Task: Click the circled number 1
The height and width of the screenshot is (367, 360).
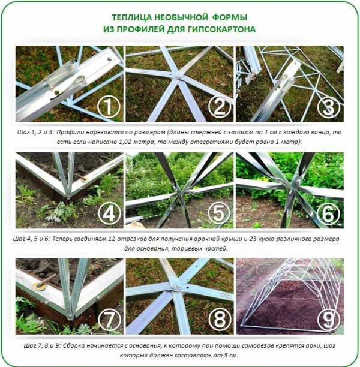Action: tap(109, 107)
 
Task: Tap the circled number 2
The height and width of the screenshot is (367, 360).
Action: tap(219, 107)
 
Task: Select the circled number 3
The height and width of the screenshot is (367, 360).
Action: tap(329, 107)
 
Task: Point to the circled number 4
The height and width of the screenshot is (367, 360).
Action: tap(109, 213)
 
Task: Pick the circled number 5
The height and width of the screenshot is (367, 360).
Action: tap(219, 213)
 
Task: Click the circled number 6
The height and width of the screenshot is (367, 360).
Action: tap(328, 213)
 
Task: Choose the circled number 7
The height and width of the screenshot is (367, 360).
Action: tap(109, 320)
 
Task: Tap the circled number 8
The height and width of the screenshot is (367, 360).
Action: tap(219, 319)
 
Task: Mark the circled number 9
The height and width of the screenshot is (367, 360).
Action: tap(329, 319)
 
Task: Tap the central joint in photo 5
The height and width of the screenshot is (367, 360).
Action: tap(181, 191)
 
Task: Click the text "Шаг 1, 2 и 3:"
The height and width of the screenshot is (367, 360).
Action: tap(35, 133)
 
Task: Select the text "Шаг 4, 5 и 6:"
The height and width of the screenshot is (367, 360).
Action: tap(32, 239)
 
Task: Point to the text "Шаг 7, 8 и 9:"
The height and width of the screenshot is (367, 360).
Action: tap(42, 346)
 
